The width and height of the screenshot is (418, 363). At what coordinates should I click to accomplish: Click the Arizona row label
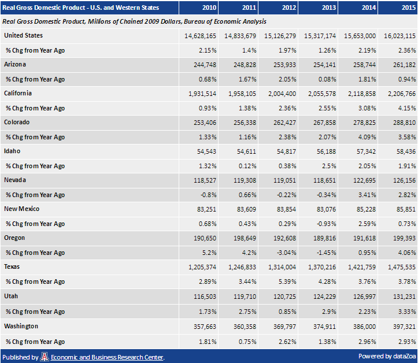[x=15, y=64]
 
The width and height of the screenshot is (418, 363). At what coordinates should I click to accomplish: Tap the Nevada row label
[x=14, y=180]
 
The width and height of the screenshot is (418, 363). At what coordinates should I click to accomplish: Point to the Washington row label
[x=21, y=326]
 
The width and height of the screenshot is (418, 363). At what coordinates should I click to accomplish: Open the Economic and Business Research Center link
[x=107, y=357]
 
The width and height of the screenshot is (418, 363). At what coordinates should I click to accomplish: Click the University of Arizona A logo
[x=45, y=357]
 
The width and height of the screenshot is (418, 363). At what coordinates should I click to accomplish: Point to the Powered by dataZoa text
[x=386, y=355]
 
